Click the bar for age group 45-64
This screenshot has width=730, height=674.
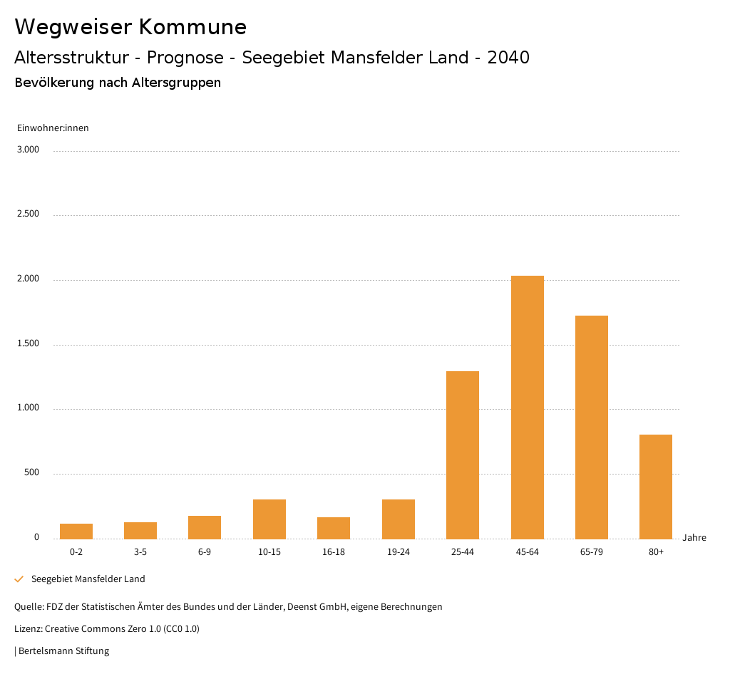[527, 407]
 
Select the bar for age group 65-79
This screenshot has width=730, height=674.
[591, 427]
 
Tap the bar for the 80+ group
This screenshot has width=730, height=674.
[656, 487]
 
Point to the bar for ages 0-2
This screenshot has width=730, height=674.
[76, 531]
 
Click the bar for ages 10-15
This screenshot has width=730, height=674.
[269, 519]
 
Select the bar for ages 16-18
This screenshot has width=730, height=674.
[334, 528]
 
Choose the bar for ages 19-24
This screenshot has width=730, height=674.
[399, 519]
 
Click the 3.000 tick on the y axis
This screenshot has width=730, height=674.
[29, 150]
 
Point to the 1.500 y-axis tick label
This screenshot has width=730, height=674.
[29, 343]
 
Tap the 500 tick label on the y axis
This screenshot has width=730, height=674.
[31, 472]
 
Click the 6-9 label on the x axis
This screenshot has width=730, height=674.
[205, 552]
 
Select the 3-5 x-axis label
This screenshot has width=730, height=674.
[140, 552]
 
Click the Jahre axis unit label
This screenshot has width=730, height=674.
[694, 538]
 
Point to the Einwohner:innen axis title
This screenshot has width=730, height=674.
[53, 128]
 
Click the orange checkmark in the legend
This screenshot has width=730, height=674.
[19, 579]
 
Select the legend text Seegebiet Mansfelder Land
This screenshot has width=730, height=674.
[88, 579]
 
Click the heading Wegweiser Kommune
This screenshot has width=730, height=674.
[130, 27]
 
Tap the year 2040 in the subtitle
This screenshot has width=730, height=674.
[508, 58]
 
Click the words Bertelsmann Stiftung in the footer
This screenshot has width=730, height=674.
[63, 650]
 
